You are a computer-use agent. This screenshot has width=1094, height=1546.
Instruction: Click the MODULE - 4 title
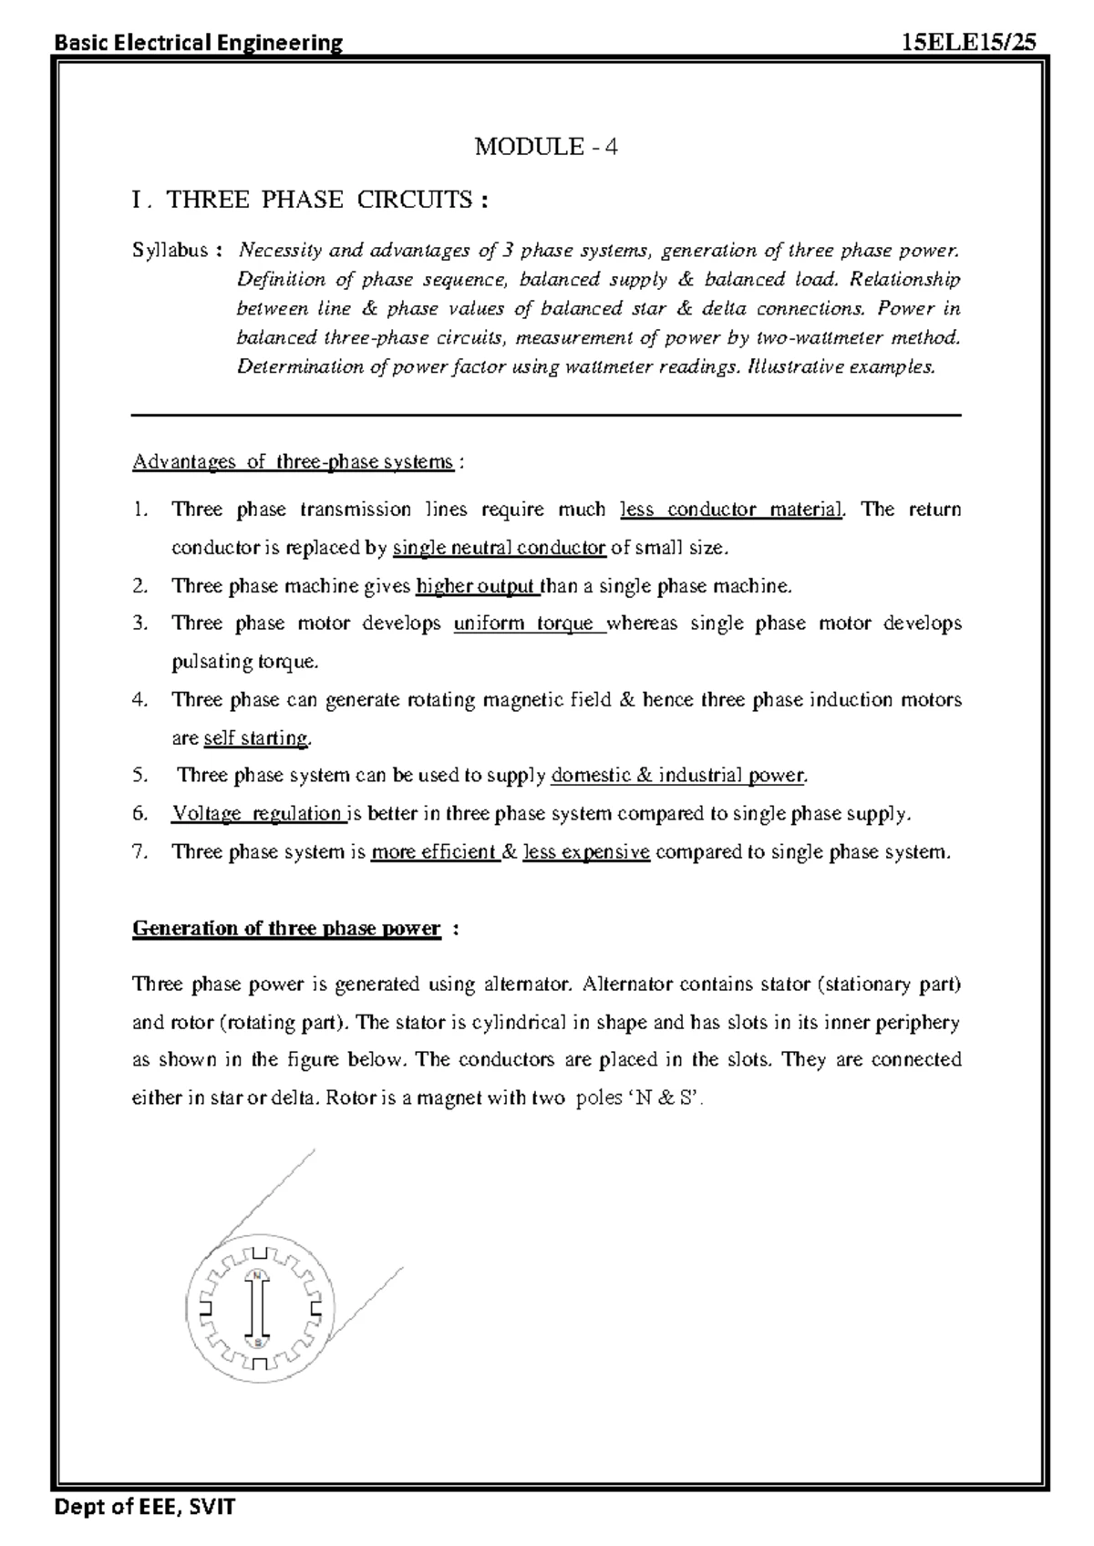tap(546, 147)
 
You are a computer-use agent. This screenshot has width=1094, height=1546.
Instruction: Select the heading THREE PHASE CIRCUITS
tap(319, 200)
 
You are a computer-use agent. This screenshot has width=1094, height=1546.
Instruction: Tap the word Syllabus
tap(170, 251)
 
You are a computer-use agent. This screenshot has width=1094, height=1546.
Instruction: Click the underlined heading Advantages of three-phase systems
tap(293, 462)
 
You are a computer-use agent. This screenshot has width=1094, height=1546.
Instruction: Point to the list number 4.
tap(139, 700)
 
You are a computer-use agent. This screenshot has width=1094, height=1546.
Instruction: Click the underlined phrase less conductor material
tap(731, 510)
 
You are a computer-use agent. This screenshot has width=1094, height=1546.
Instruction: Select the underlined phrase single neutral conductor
tap(499, 548)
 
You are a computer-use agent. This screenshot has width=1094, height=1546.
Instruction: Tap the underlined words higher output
tap(477, 586)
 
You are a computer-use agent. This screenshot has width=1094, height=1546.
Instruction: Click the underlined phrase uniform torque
tap(529, 624)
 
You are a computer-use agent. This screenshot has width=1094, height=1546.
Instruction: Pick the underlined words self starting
tap(256, 738)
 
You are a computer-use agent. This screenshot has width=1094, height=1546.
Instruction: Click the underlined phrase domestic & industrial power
tap(678, 776)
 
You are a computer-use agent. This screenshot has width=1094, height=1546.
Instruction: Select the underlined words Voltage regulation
tap(257, 814)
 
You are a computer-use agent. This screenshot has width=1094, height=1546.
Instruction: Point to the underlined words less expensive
tap(586, 852)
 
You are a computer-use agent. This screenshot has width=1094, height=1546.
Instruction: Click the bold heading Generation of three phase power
tap(286, 929)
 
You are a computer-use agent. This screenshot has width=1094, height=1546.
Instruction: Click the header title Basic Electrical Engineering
tap(199, 42)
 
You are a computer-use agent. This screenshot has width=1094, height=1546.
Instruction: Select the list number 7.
tap(139, 852)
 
